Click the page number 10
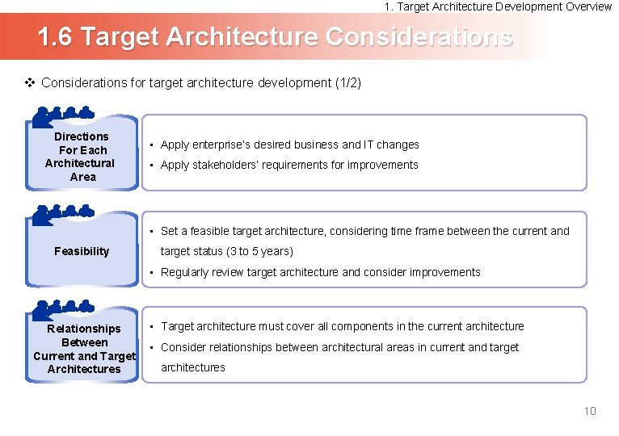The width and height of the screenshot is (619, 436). [x=590, y=411]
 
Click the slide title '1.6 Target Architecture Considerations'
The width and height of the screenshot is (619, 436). [x=275, y=37]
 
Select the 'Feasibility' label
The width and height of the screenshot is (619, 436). [x=82, y=251]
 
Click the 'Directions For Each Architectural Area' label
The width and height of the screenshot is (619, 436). [x=81, y=157]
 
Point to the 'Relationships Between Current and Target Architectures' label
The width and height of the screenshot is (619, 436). [x=84, y=349]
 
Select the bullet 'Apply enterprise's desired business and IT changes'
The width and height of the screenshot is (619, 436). [x=289, y=145]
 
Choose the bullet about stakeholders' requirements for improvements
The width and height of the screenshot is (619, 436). [x=289, y=165]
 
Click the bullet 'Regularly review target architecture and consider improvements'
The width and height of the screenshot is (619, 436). [x=320, y=272]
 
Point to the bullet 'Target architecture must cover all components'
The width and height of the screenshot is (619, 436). [x=342, y=326]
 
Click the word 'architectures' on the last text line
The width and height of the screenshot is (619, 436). [x=193, y=367]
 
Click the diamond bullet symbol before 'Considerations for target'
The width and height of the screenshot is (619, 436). [x=30, y=82]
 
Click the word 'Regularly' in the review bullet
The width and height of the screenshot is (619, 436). [x=185, y=272]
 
